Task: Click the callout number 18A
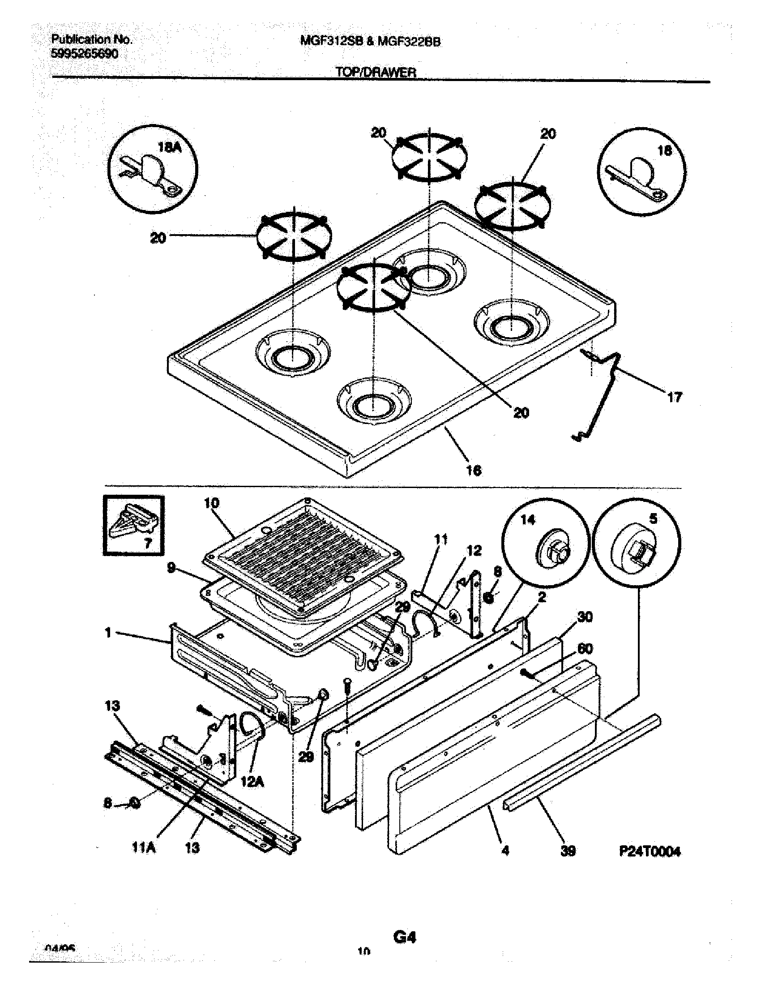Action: (170, 147)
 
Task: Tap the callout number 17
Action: (675, 397)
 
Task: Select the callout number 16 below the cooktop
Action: (473, 470)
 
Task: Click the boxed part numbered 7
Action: (133, 524)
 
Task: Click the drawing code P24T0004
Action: (650, 851)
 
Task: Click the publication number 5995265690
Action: (85, 54)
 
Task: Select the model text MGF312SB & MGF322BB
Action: (370, 42)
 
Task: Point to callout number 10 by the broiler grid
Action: (211, 503)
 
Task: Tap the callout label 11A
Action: (144, 848)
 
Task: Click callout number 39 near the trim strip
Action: (568, 851)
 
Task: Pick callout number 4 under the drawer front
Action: (505, 850)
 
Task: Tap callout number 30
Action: (585, 617)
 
